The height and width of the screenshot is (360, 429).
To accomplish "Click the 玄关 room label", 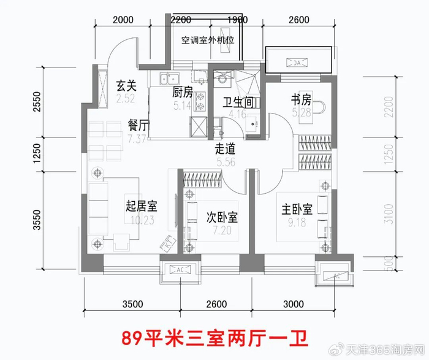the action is [126, 85].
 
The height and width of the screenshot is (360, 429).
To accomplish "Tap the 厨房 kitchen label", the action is [183, 93].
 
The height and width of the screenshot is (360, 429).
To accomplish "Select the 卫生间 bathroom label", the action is [237, 103].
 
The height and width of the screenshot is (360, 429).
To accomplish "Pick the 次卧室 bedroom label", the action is [222, 217].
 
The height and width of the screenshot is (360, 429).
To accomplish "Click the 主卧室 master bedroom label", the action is [297, 209].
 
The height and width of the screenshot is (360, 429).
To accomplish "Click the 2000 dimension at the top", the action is [123, 20].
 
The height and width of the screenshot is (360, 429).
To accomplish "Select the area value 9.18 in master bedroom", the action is [297, 220].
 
